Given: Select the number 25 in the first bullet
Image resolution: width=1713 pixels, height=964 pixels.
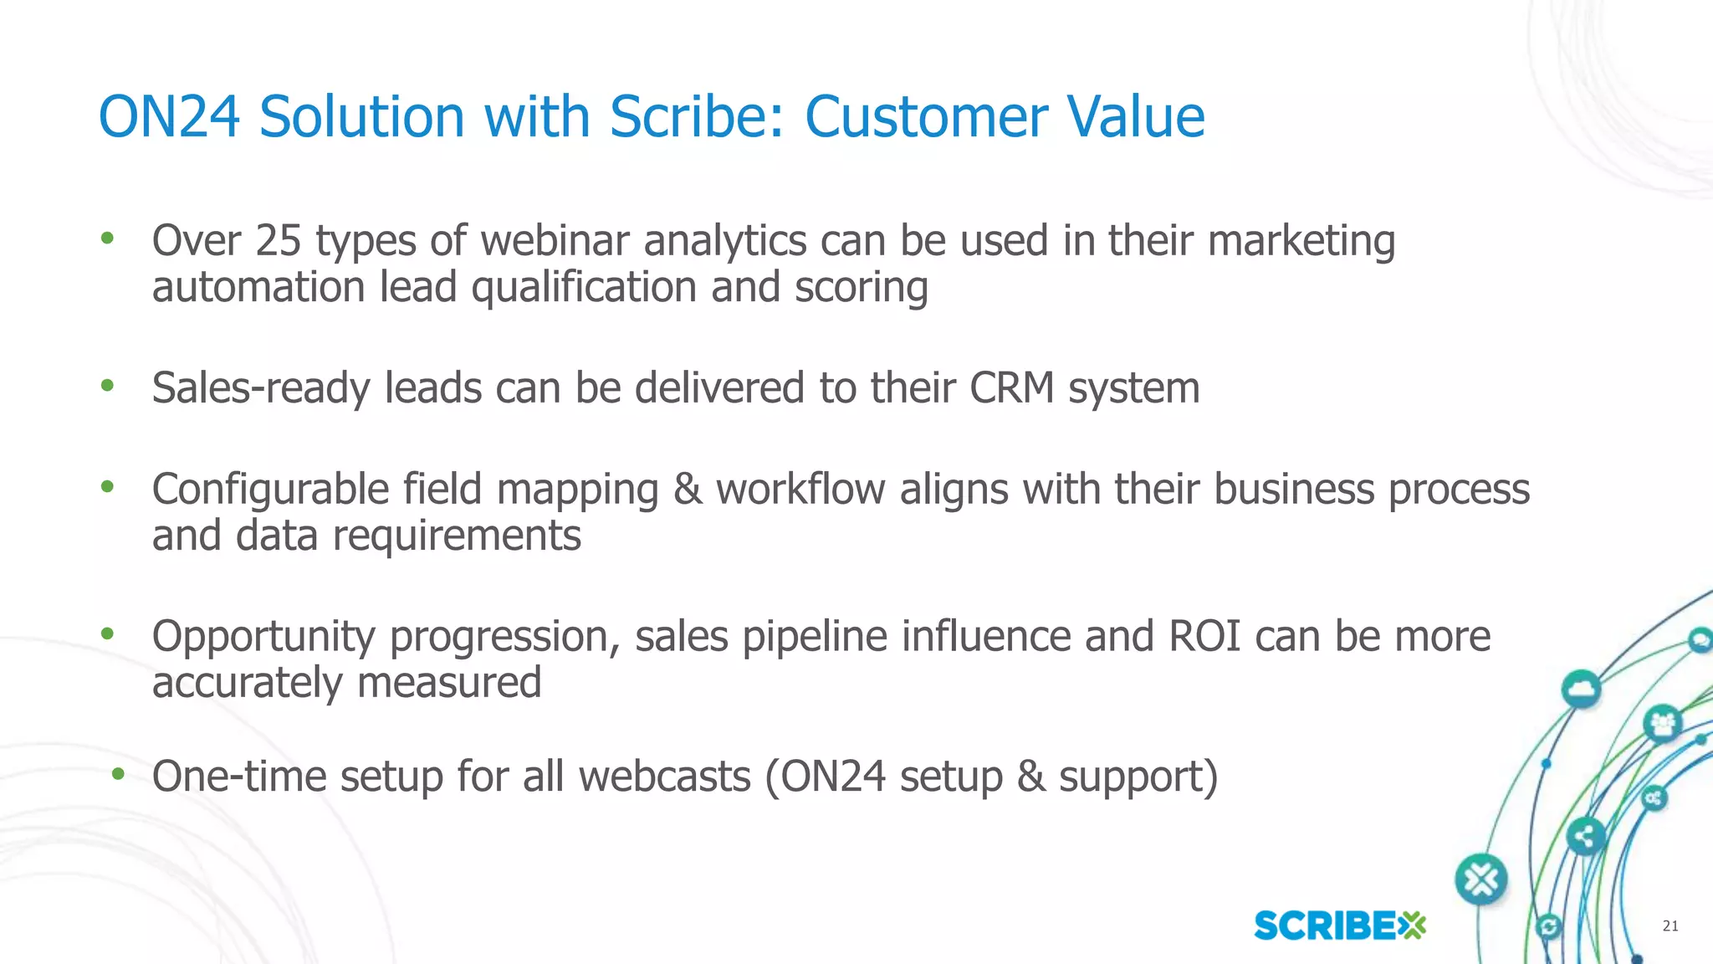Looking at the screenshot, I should [x=278, y=241].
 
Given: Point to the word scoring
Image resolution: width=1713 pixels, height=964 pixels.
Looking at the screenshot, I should [x=861, y=289].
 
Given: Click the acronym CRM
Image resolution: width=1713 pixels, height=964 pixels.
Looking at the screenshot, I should [x=1011, y=388].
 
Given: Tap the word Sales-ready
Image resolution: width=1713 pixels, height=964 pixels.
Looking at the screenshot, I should [x=261, y=388].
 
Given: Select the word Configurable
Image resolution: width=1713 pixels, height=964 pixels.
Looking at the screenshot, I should [x=270, y=490].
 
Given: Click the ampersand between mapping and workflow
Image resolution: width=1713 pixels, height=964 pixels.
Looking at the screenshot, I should [x=688, y=490].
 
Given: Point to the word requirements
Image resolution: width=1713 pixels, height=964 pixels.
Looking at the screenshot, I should [x=457, y=536].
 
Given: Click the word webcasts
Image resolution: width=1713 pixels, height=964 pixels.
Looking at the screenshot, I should [x=665, y=777].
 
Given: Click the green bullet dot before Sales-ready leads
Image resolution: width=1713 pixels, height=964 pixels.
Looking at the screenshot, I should [x=107, y=386].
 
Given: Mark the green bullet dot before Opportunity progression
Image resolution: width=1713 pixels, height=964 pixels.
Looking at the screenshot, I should [x=107, y=634].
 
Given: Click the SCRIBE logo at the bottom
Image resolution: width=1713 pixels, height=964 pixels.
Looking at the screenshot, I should [x=1339, y=926].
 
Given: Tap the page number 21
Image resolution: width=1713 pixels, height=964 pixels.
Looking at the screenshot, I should [x=1670, y=926].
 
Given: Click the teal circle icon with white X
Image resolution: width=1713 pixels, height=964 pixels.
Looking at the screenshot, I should [x=1481, y=879].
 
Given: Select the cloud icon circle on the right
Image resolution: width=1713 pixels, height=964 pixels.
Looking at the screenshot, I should [x=1581, y=690].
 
